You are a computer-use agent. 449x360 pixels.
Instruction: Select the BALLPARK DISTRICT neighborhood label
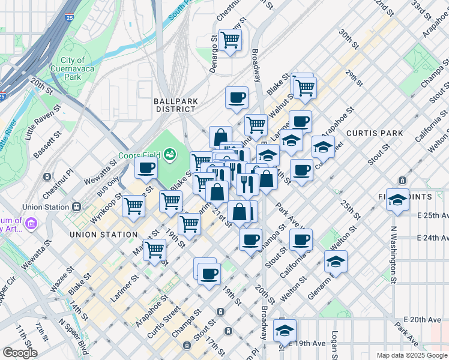point(175,105)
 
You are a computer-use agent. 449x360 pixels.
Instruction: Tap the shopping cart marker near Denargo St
point(231,40)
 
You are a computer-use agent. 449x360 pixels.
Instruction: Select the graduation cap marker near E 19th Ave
point(285,330)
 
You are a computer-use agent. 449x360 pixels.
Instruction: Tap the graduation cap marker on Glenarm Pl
point(336,262)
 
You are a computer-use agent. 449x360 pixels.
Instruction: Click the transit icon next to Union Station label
point(76,207)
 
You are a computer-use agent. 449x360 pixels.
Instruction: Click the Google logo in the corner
point(19,352)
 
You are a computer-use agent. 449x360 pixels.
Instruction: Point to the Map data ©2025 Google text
point(411,355)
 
